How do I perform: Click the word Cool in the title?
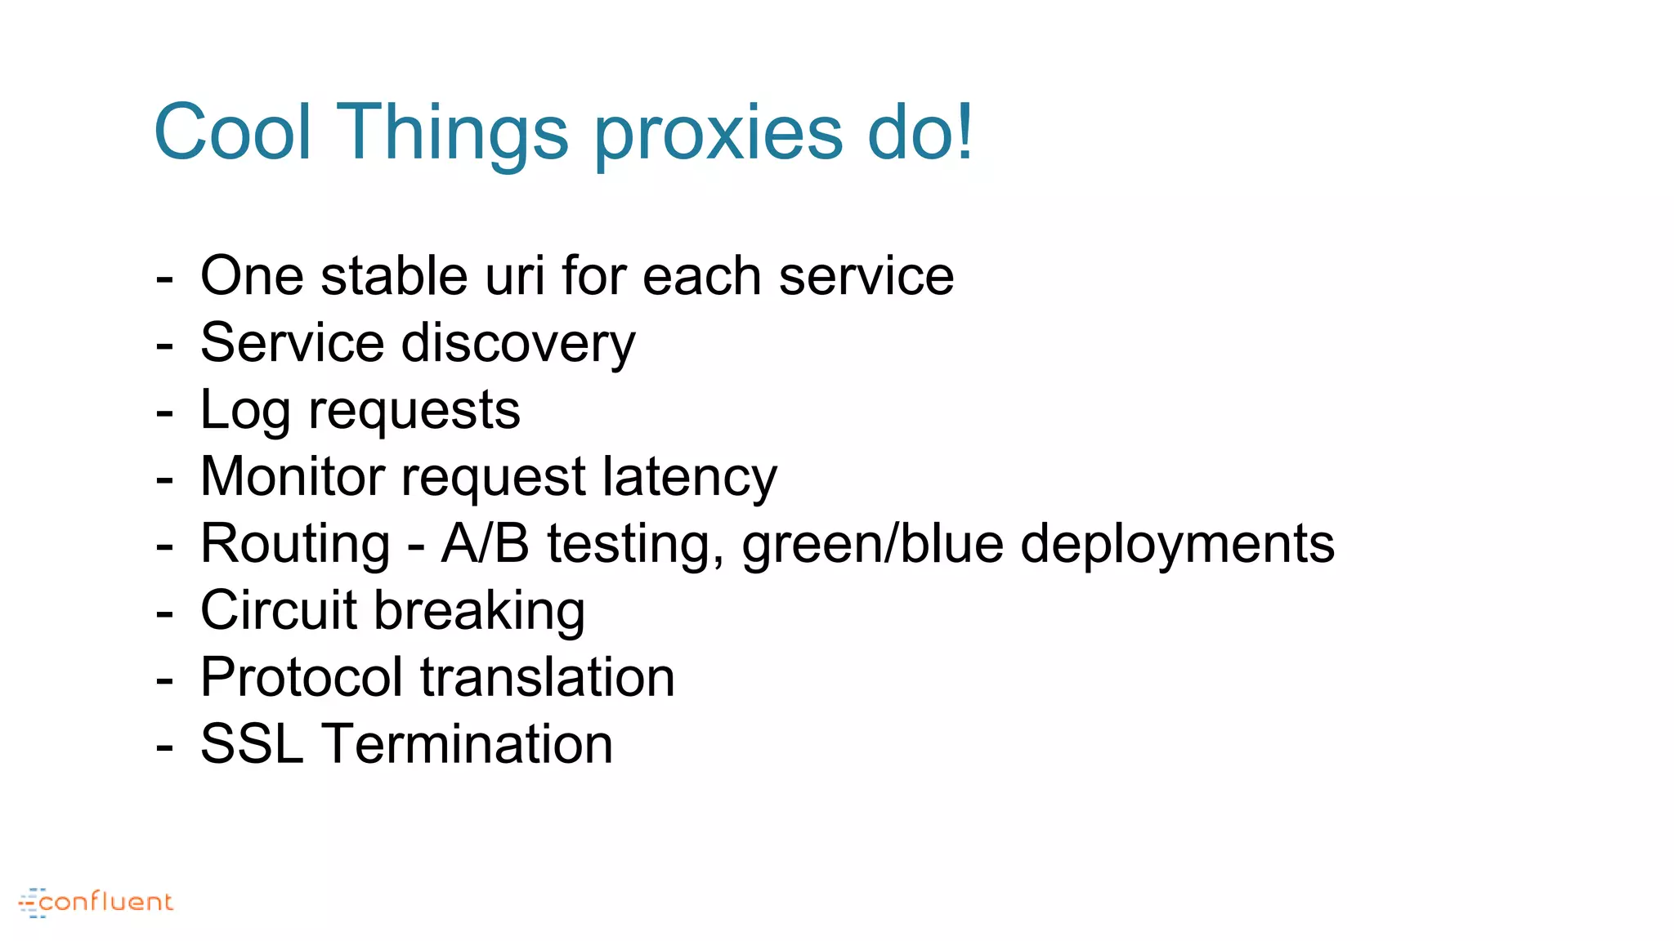click(x=233, y=132)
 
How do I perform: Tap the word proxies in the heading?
click(x=718, y=136)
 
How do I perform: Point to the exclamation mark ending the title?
click(x=965, y=131)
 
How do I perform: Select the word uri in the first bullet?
click(x=515, y=275)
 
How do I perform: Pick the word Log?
click(x=245, y=411)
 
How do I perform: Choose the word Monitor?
click(x=292, y=476)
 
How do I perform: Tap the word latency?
click(x=690, y=479)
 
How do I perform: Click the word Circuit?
click(x=279, y=610)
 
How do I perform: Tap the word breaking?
click(x=479, y=613)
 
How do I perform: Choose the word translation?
click(x=548, y=677)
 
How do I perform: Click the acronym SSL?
click(x=252, y=744)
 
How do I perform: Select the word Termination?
click(x=468, y=744)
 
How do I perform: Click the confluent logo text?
click(x=105, y=902)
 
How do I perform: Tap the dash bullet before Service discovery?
click(x=164, y=346)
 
